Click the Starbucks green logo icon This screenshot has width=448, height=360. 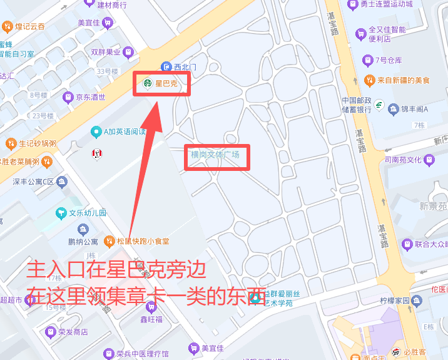click(148, 83)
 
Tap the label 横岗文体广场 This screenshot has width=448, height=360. click(215, 154)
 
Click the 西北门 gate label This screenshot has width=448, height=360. click(185, 66)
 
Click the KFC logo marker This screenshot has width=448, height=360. click(97, 153)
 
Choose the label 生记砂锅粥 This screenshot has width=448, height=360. click(38, 143)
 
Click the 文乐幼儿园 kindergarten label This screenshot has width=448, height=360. click(88, 213)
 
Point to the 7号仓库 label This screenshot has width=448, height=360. click(389, 60)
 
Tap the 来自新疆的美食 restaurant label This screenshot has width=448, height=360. click(404, 80)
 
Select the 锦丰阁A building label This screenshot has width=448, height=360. click(414, 110)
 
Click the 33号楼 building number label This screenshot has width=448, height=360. click(108, 71)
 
